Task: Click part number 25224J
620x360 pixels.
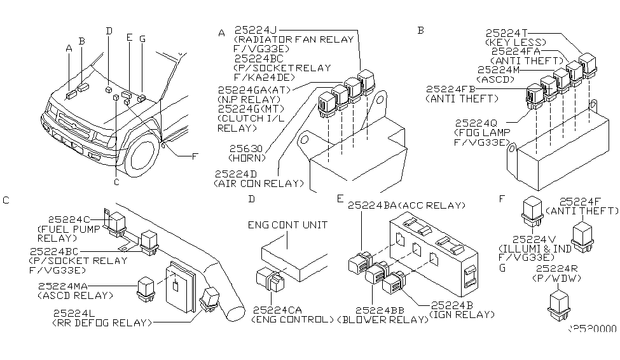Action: pyautogui.click(x=254, y=30)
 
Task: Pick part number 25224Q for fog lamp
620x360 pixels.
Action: pyautogui.click(x=475, y=123)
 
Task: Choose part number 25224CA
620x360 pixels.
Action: pyautogui.click(x=277, y=310)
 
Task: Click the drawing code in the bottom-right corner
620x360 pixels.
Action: pyautogui.click(x=592, y=329)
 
